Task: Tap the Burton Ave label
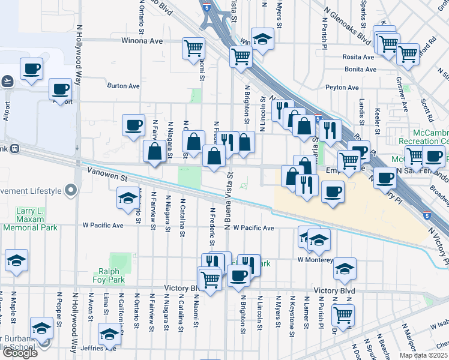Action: point(123,86)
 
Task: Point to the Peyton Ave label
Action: point(342,88)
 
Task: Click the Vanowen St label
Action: point(107,178)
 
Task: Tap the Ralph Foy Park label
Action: point(109,275)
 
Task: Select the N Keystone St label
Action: point(292,312)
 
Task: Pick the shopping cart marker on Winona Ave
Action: point(193,47)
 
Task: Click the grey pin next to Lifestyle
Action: point(71,191)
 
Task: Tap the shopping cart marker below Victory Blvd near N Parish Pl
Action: point(343,314)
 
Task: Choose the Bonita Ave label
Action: point(360,70)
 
